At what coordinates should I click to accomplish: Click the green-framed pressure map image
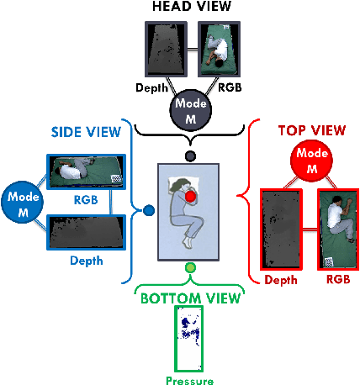coord(189,338)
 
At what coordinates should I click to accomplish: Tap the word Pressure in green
coord(189,380)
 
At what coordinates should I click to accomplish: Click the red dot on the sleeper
coord(190,197)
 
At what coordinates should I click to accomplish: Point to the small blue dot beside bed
coord(149,210)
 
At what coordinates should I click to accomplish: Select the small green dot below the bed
coord(190,268)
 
